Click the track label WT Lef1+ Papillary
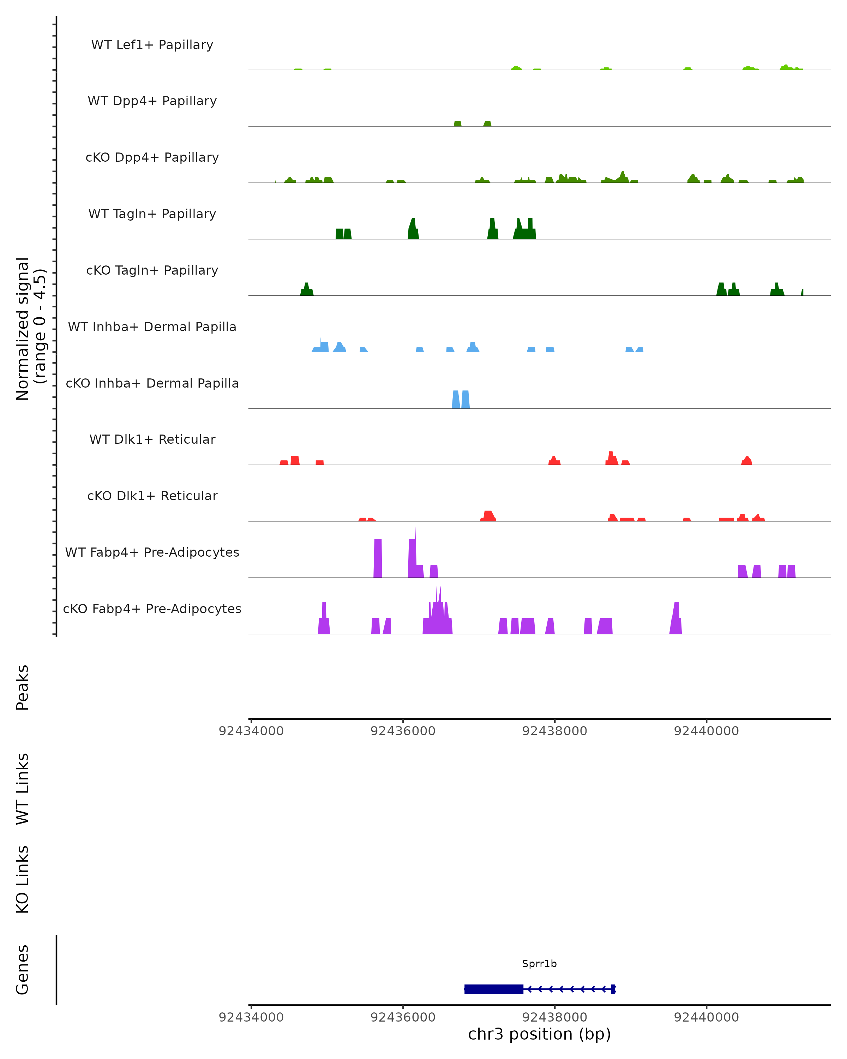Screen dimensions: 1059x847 click(152, 45)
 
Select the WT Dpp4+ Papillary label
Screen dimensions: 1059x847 click(152, 101)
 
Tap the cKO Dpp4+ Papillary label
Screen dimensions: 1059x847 click(152, 158)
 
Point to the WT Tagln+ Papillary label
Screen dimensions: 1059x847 click(152, 214)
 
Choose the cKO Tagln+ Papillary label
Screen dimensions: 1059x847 click(152, 271)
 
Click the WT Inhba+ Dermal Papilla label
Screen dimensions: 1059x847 click(152, 327)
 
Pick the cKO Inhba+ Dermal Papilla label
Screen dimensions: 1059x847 click(152, 384)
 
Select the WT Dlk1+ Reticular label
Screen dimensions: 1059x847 click(152, 439)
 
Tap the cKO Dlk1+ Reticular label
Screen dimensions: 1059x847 click(152, 496)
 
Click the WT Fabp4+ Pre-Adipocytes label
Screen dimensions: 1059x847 click(152, 552)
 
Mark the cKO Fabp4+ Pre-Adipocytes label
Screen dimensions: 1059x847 click(152, 609)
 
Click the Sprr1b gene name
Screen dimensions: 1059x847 click(539, 964)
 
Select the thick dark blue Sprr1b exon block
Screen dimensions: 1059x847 click(493, 989)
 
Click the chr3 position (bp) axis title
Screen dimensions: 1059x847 click(539, 1034)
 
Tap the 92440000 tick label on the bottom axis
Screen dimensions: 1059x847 click(706, 1017)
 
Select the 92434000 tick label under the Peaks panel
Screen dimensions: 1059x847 click(251, 731)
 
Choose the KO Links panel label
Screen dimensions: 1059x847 click(23, 880)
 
